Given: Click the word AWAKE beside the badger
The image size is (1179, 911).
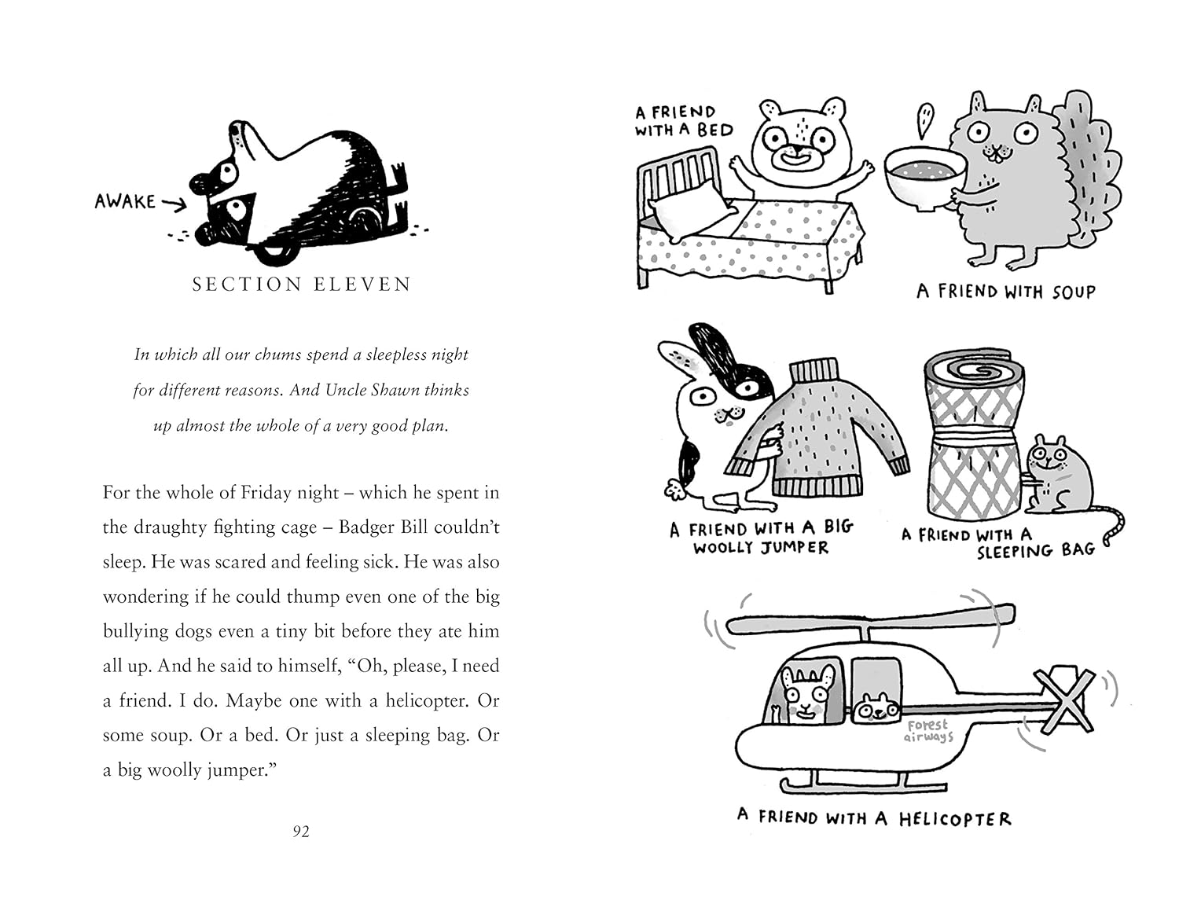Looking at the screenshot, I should coord(125,202).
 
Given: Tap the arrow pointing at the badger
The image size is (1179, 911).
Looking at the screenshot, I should coord(174,204).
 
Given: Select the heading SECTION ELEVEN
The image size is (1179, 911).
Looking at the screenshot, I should coord(302,285).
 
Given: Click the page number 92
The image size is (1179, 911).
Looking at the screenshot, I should coord(301,832).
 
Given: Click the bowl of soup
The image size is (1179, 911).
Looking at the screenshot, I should coord(926,178).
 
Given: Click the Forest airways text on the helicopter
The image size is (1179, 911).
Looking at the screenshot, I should coord(928,731).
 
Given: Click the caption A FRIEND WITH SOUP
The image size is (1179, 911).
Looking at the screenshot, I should coord(1005,292).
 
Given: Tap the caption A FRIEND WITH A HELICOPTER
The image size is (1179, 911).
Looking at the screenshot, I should coord(874,818).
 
